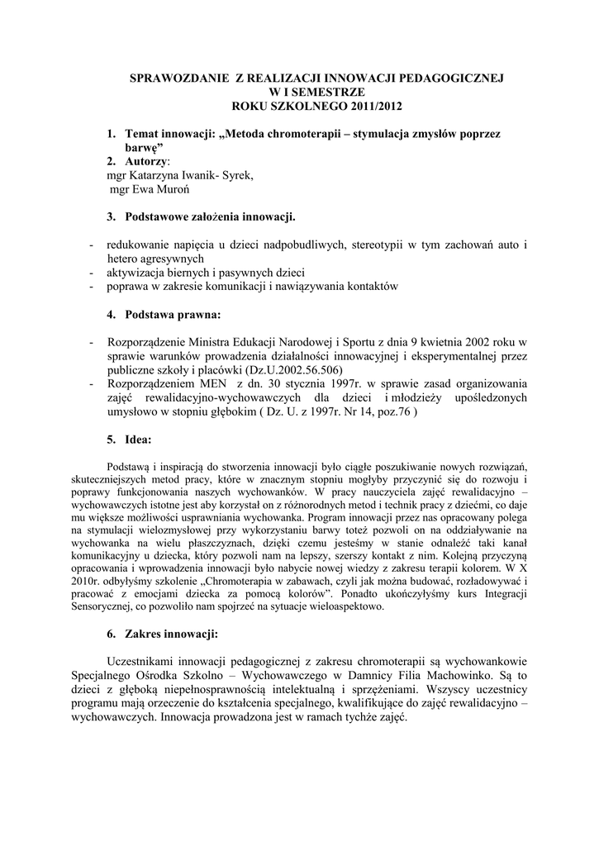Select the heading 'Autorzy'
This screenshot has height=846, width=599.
click(146, 159)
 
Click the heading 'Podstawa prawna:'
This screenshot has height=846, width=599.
click(173, 315)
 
